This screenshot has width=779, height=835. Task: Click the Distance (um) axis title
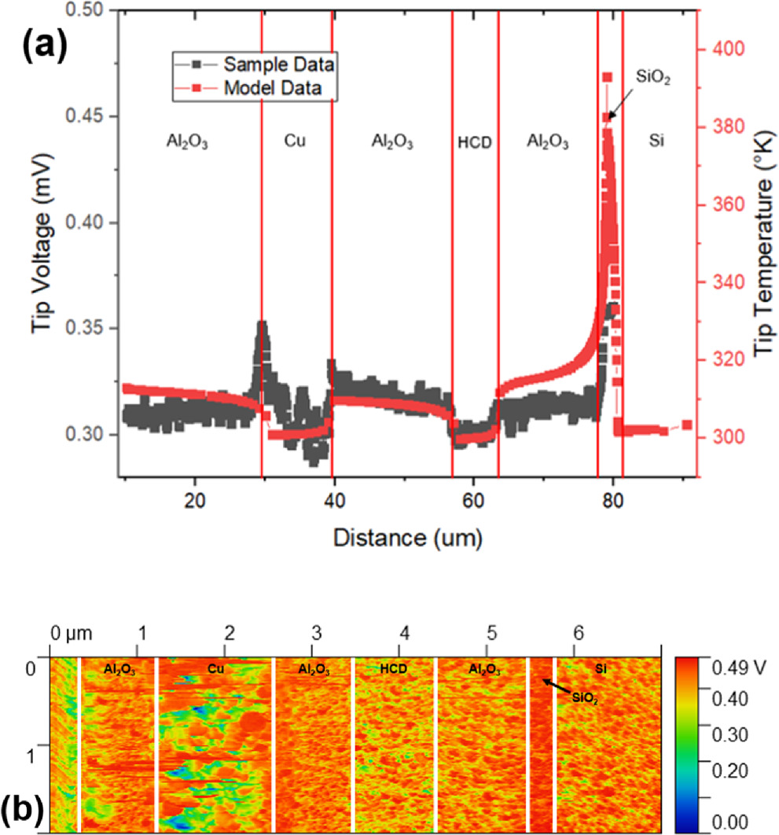pyautogui.click(x=406, y=539)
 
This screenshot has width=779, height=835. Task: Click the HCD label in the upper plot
pyautogui.click(x=474, y=144)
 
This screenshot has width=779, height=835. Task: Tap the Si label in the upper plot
pyautogui.click(x=659, y=142)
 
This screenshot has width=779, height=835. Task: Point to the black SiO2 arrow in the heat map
pyautogui.click(x=555, y=687)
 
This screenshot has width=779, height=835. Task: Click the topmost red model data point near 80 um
pyautogui.click(x=607, y=77)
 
